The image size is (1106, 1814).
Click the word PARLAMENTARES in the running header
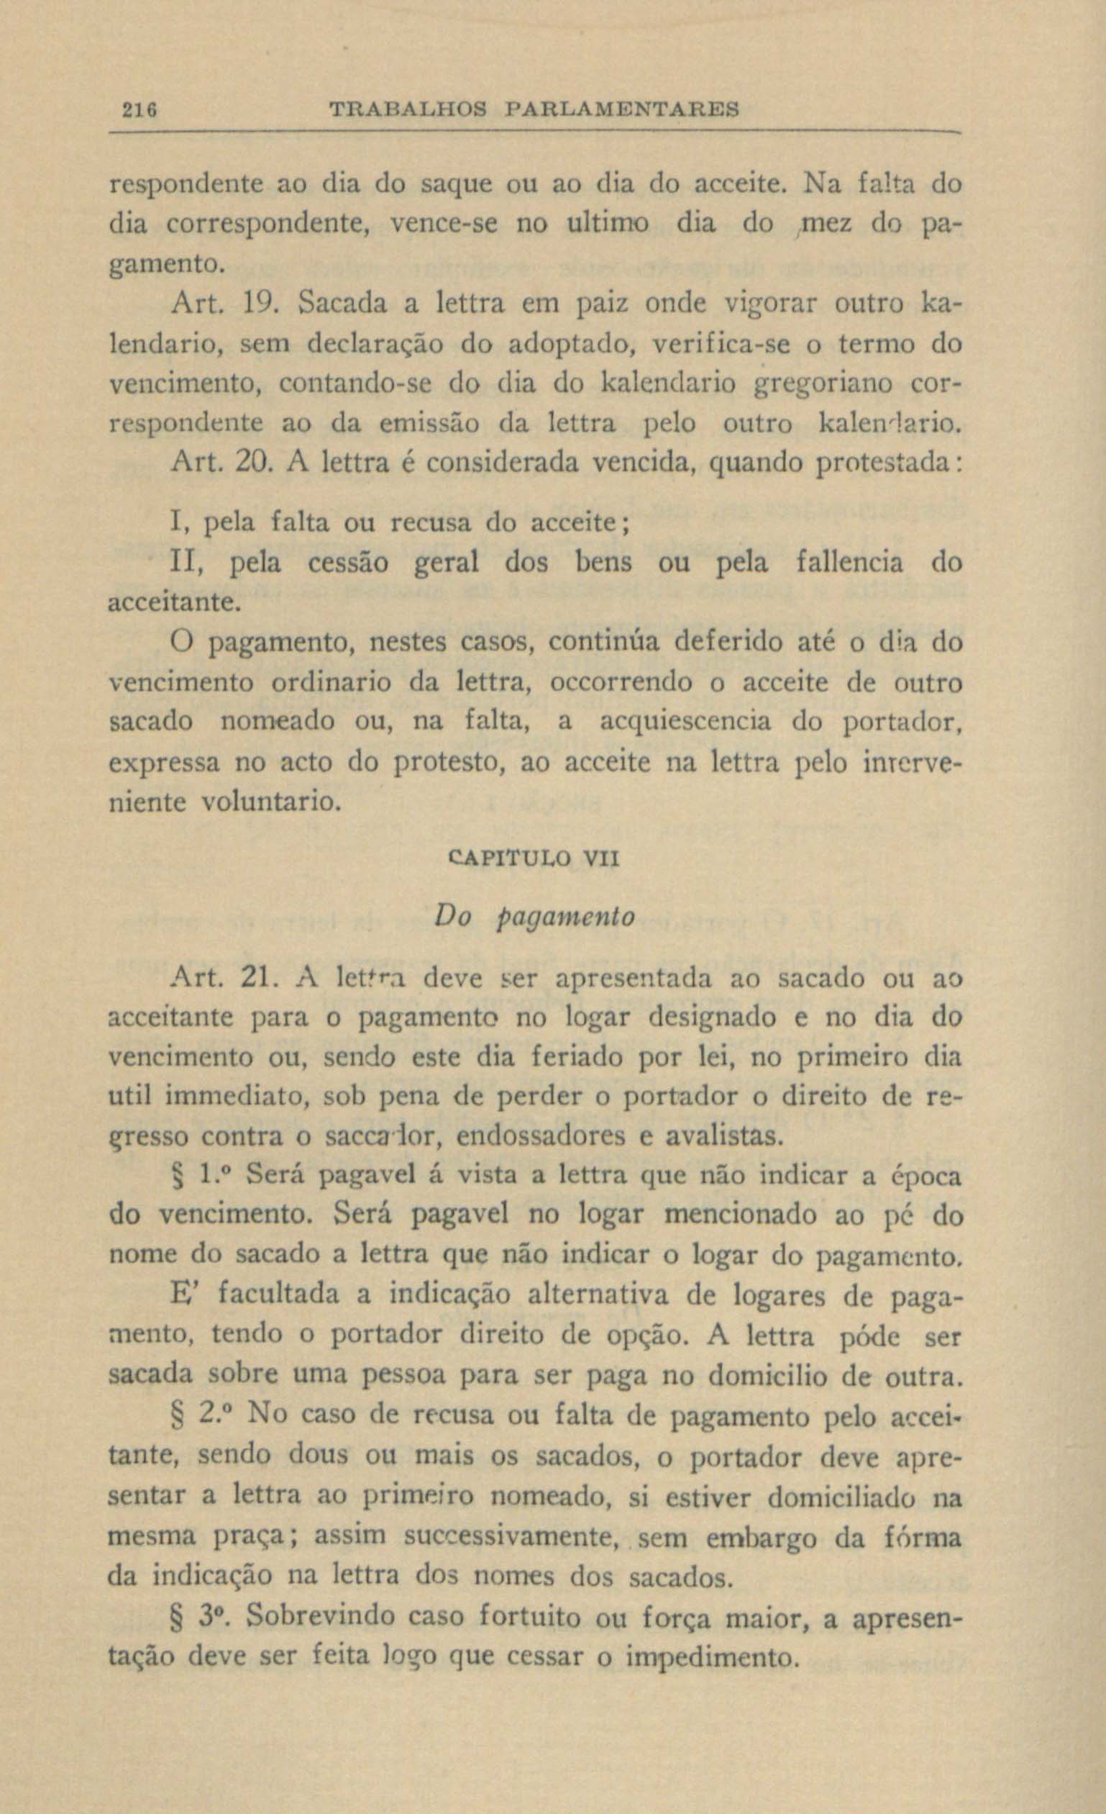click(x=622, y=110)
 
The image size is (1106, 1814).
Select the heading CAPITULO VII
click(x=533, y=858)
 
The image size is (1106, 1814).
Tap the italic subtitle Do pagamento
click(x=534, y=917)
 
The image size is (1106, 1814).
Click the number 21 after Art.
click(x=257, y=979)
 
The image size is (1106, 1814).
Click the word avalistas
click(x=721, y=1138)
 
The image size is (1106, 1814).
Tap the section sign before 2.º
click(x=177, y=1415)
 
